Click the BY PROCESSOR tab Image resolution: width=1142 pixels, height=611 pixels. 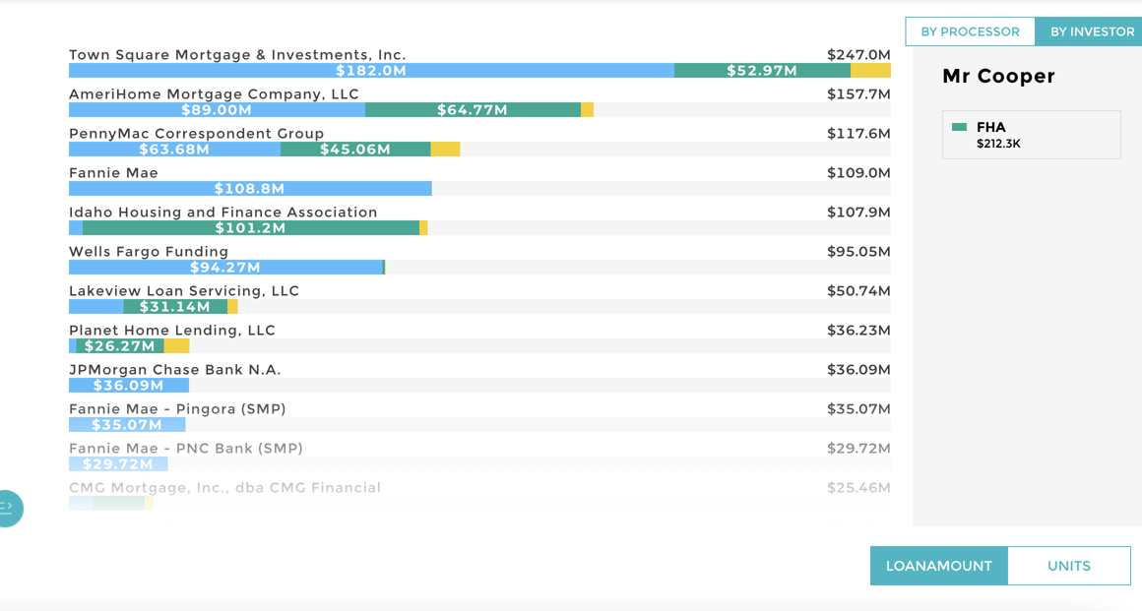click(x=970, y=31)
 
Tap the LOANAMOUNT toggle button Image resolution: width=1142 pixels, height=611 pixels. click(x=938, y=566)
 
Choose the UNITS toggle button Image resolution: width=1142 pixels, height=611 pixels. click(x=1068, y=566)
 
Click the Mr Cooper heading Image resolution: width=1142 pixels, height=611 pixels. click(x=998, y=77)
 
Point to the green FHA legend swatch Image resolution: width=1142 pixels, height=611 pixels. click(x=960, y=127)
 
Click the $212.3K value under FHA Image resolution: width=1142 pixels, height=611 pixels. click(x=998, y=144)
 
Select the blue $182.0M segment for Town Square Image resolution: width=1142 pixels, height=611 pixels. click(x=371, y=71)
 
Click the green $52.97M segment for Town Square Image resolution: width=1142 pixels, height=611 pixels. click(x=762, y=71)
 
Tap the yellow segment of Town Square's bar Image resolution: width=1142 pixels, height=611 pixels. click(x=870, y=71)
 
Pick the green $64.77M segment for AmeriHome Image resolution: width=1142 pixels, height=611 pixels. click(x=473, y=110)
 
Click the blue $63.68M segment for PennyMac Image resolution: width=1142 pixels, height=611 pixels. click(x=174, y=150)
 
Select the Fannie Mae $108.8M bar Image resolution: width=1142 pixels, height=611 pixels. click(x=250, y=189)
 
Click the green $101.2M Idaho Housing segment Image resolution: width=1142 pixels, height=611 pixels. click(x=251, y=228)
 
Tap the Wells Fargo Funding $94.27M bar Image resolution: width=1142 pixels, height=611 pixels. click(x=225, y=268)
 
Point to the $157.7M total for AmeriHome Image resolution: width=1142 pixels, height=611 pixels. click(x=858, y=94)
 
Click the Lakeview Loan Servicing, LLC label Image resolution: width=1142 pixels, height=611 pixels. click(x=184, y=291)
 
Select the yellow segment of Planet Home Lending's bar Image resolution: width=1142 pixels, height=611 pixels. click(x=176, y=346)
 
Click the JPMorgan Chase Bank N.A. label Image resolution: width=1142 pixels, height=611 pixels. click(x=175, y=370)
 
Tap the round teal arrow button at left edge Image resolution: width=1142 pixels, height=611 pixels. click(x=7, y=508)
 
